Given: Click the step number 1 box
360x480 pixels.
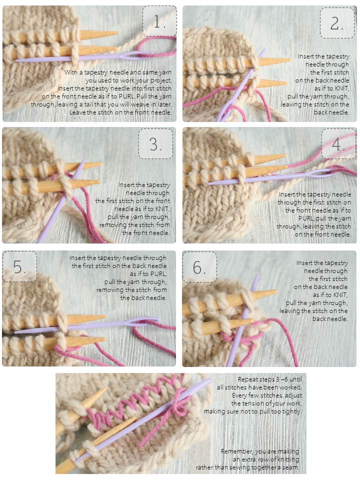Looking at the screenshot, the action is [160, 21].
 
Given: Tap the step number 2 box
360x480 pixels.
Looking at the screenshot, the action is [337, 23].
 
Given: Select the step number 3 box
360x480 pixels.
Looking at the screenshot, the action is [156, 143].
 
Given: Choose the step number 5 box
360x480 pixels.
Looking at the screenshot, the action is [20, 266].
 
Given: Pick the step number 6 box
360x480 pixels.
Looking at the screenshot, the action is [199, 267].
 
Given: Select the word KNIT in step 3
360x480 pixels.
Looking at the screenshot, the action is [162, 209].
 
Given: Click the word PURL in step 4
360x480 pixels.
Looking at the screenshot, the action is [306, 218].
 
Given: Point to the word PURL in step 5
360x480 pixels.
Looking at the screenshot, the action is [158, 273].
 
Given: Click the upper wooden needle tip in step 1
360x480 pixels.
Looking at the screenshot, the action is [117, 33].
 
